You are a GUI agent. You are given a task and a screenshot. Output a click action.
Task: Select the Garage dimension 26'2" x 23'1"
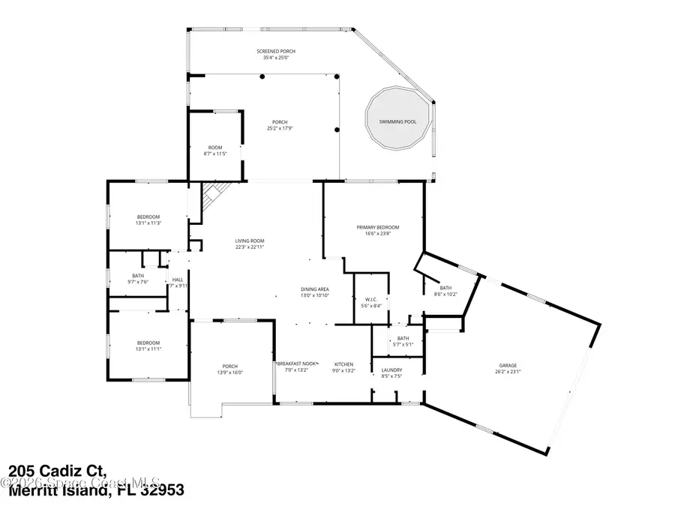point(508,371)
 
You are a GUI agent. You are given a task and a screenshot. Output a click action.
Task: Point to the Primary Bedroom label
point(377,227)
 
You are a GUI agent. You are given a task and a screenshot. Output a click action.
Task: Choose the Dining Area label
point(315,289)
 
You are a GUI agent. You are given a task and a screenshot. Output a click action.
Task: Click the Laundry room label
point(391,370)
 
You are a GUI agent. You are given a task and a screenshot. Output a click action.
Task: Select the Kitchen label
point(343,364)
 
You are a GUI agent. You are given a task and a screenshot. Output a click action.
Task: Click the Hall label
point(178,280)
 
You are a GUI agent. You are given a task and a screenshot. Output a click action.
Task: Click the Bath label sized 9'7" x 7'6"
point(138,276)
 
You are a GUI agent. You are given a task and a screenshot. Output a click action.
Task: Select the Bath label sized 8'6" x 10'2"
point(445,288)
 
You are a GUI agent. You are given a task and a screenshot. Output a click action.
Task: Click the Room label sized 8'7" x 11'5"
point(215,147)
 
